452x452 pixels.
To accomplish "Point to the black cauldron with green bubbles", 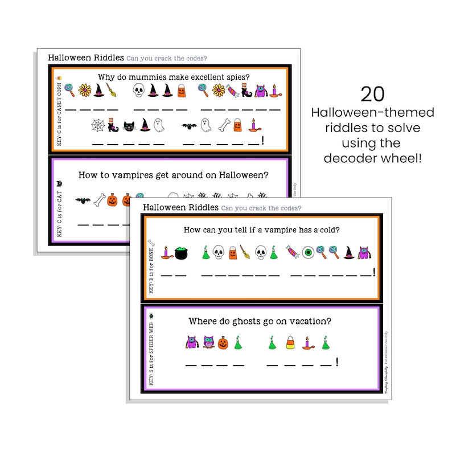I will pos(182,252).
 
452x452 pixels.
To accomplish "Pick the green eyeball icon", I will pos(307,252).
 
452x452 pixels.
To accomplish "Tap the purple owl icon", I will pos(192,343).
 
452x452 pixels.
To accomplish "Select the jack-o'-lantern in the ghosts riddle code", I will pos(223,343).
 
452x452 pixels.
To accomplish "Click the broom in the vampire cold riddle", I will pos(245,252).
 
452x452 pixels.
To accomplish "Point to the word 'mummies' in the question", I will pos(147,77).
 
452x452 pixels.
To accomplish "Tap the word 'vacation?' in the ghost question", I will pos(309,321).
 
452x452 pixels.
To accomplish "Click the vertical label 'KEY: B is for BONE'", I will pos(151,267).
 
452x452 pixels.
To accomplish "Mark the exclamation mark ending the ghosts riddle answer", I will pos(338,361).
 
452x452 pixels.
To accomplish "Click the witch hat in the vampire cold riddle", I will pos(348,252).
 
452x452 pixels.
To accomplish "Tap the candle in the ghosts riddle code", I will pos(308,343).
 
